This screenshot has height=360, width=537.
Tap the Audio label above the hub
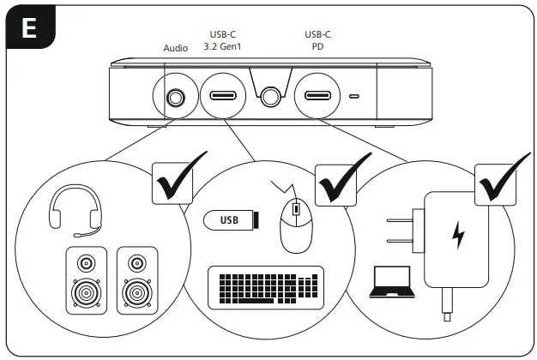pyautogui.click(x=176, y=48)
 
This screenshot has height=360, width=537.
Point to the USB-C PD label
pyautogui.click(x=318, y=40)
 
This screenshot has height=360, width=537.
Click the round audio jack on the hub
pyautogui.click(x=175, y=97)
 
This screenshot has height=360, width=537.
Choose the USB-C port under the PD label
pyautogui.click(x=318, y=96)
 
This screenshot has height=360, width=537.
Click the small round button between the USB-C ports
pyautogui.click(x=272, y=96)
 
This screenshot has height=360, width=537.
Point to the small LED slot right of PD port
pyautogui.click(x=355, y=96)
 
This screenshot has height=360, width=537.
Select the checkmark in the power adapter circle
pyautogui.click(x=504, y=177)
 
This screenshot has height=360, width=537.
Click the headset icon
pyautogui.click(x=75, y=211)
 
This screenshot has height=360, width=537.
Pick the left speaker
pyautogui.click(x=86, y=281)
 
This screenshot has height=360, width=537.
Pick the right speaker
pyautogui.click(x=137, y=281)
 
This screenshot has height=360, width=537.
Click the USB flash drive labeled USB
pyautogui.click(x=230, y=220)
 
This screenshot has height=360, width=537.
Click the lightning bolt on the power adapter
pyautogui.click(x=459, y=233)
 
